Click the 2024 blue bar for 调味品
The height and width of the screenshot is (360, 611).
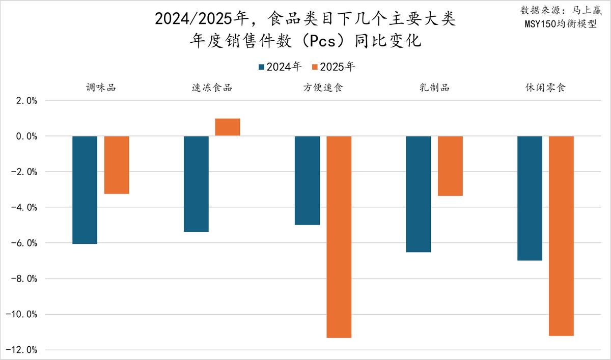click(85, 190)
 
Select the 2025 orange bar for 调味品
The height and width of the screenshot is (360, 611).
click(117, 165)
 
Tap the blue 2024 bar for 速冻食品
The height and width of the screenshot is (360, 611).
click(196, 184)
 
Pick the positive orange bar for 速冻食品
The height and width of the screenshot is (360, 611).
click(228, 127)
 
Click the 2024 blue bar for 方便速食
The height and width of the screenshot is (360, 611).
click(307, 180)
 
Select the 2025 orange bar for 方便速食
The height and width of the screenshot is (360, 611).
click(339, 237)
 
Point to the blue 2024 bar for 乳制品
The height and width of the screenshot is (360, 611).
click(419, 194)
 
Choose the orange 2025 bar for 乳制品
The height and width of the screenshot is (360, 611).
click(450, 166)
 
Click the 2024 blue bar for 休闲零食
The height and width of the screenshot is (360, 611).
click(530, 198)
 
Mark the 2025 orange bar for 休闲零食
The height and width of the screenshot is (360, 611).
click(561, 236)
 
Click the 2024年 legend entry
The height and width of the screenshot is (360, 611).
click(281, 67)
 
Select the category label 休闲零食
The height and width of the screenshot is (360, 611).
click(545, 88)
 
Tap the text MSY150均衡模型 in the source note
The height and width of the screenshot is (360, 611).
click(561, 23)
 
